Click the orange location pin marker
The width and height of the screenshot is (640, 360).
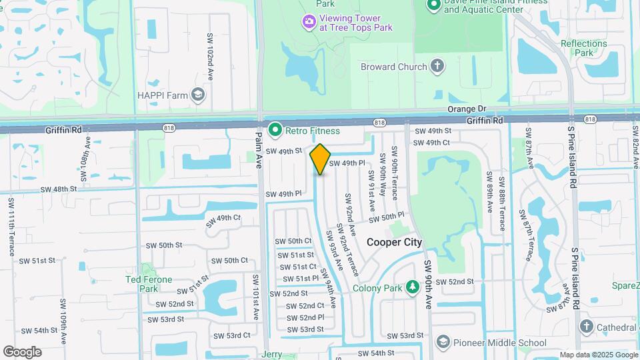[321, 159]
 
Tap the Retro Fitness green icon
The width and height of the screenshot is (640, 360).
[274, 131]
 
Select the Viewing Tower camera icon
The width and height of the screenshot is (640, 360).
[309, 23]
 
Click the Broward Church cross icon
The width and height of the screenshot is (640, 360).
[437, 66]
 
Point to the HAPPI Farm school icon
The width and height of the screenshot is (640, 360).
[197, 95]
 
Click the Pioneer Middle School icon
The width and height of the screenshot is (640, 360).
[443, 343]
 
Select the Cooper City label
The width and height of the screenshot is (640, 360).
[394, 242]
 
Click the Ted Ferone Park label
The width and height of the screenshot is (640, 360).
[148, 284]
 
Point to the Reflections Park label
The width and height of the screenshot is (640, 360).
[583, 48]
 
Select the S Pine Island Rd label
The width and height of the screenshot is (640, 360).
[572, 153]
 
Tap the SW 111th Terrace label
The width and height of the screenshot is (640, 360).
[11, 220]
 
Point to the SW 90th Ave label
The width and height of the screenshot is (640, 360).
[429, 283]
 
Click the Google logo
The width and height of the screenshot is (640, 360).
[21, 352]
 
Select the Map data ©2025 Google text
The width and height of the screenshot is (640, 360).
[598, 355]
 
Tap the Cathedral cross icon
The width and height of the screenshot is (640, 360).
[586, 327]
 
